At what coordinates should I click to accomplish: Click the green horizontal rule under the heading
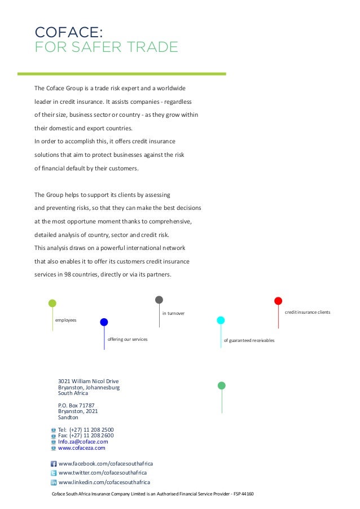tap(130, 73)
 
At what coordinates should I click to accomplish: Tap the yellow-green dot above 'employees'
tap(52, 303)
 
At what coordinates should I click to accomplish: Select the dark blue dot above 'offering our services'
tap(104, 322)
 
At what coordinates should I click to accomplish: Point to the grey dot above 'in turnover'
tap(159, 300)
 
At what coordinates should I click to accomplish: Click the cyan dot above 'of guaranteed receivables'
tap(221, 320)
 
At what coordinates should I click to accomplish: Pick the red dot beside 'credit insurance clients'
tap(278, 301)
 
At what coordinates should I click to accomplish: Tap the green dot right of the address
tap(222, 385)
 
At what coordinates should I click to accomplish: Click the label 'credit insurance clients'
tap(308, 312)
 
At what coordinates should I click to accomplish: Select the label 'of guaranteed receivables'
tap(249, 340)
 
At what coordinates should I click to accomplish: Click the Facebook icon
tap(54, 463)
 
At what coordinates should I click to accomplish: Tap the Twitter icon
tap(54, 473)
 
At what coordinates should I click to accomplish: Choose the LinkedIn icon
tap(54, 482)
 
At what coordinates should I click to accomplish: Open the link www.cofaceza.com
tap(82, 448)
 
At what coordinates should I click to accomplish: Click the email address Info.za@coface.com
tap(83, 442)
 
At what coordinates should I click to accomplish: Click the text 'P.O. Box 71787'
tap(76, 405)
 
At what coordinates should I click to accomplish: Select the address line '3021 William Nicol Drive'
tap(88, 381)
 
